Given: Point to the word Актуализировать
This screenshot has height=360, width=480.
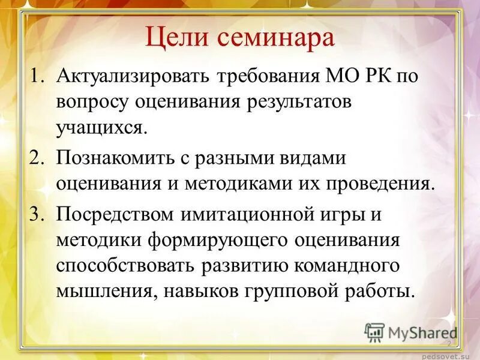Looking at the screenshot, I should [x=133, y=77].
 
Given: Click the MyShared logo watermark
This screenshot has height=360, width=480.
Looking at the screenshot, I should [x=411, y=332].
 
